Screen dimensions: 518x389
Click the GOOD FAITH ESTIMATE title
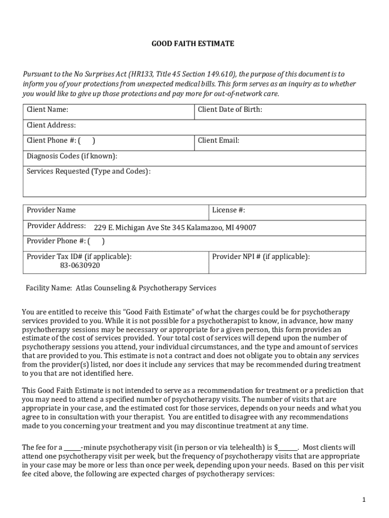click(x=193, y=44)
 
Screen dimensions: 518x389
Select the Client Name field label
click(x=47, y=110)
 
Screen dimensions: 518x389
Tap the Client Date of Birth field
click(x=230, y=110)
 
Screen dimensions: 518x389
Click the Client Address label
click(x=51, y=125)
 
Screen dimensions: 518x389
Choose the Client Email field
click(x=219, y=141)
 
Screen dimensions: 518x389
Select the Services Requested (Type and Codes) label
click(x=88, y=171)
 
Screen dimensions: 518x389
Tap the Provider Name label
click(x=51, y=210)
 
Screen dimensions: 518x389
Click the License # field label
click(x=228, y=210)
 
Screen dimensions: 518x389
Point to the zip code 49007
click(x=246, y=228)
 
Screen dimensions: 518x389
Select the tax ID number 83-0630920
click(x=80, y=265)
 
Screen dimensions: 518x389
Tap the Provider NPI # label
click(x=261, y=256)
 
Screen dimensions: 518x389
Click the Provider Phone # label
click(x=56, y=241)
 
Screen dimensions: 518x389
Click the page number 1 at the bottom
click(x=363, y=500)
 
